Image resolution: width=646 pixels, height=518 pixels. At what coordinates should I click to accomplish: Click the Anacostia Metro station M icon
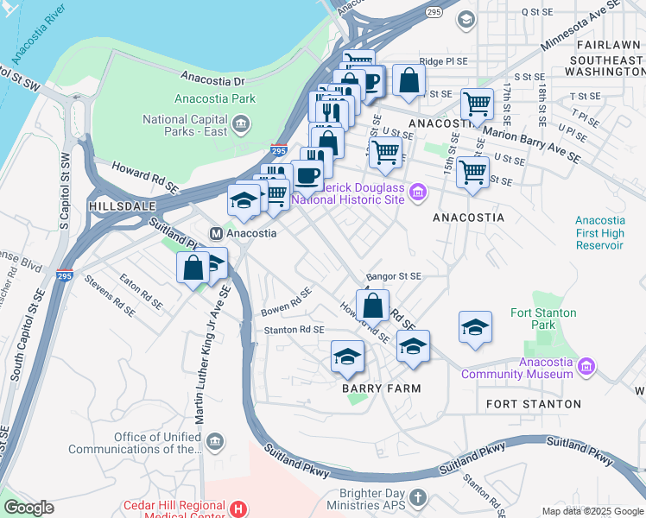[x=217, y=233]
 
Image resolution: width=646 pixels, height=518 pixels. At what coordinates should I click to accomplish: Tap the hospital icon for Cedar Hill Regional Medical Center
[x=239, y=507]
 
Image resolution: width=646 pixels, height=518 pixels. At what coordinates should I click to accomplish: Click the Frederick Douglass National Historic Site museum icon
[x=418, y=192]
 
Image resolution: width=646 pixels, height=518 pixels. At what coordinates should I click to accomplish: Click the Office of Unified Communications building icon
[x=215, y=442]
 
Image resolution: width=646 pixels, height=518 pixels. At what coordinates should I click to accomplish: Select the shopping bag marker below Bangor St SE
[x=372, y=306]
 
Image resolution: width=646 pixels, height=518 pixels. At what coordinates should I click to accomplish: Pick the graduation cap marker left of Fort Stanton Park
[x=475, y=328]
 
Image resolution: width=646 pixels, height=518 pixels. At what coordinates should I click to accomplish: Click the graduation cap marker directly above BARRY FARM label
[x=347, y=357]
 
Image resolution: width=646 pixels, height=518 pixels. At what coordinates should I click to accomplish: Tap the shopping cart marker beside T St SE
[x=476, y=104]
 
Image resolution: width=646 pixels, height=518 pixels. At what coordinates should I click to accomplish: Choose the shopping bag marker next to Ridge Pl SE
[x=408, y=81]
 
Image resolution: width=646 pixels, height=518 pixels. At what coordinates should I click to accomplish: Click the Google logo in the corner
[x=28, y=508]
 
